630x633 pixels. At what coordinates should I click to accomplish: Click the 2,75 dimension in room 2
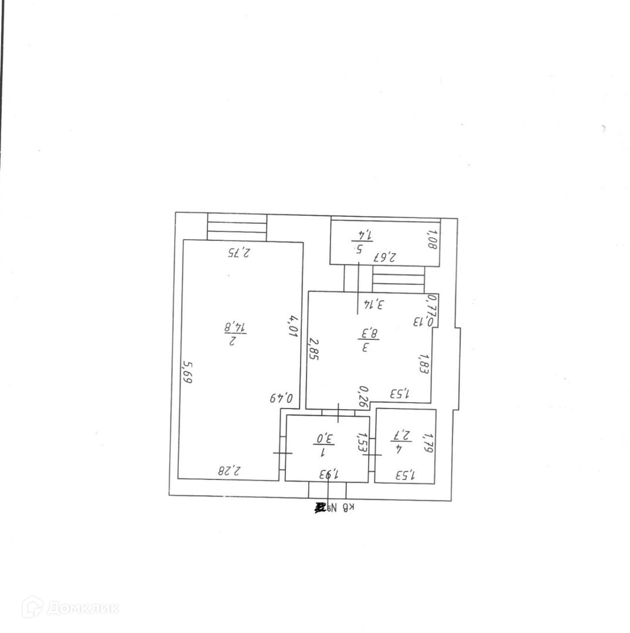[239, 253]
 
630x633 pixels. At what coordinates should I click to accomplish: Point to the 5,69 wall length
[187, 372]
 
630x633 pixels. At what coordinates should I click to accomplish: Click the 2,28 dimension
[230, 470]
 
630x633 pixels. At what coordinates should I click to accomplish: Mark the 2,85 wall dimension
[314, 350]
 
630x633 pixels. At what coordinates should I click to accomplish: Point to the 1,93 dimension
[331, 473]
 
